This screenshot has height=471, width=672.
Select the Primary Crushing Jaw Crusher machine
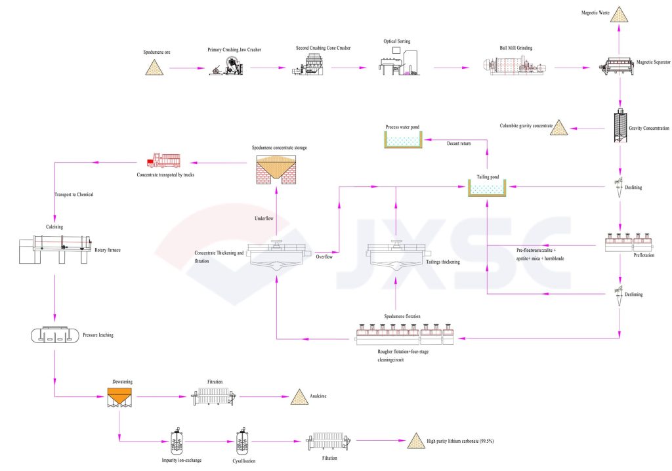(227, 66)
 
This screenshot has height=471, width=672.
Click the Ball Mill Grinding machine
(515, 67)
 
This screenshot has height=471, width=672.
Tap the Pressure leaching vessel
(54, 335)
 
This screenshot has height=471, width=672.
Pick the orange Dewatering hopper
(119, 396)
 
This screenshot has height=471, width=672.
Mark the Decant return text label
(459, 142)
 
